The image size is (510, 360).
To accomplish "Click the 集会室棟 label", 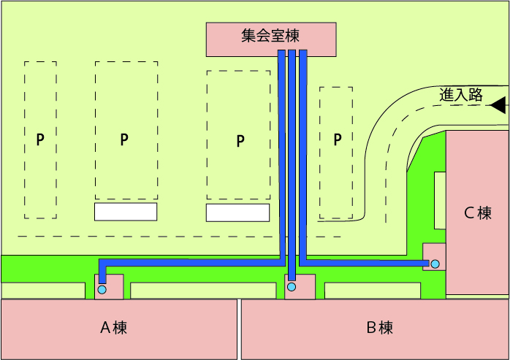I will [270, 35].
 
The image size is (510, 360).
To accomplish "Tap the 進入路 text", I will [461, 94].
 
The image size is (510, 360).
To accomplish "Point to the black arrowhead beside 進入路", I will [498, 105].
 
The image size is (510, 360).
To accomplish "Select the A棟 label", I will [113, 328].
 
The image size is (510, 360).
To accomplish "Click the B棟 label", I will [380, 328].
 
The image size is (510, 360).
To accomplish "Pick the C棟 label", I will [478, 213].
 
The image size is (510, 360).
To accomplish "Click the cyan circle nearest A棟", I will [102, 290].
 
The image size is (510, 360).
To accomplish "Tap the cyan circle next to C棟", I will [435, 264].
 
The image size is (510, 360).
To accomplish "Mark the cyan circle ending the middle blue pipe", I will [292, 287].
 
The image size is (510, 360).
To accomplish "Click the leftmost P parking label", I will [40, 139].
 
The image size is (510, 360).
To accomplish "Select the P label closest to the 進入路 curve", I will [337, 139].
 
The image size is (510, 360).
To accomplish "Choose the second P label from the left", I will [124, 139].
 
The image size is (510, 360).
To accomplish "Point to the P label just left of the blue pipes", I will [240, 141].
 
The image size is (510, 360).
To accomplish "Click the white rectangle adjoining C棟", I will [440, 200].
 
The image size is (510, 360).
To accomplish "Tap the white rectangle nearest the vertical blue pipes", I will [237, 212].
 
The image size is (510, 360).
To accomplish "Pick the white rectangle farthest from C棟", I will [126, 212].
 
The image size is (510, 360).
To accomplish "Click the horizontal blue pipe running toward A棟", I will [190, 261].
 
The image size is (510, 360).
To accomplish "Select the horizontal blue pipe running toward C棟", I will [365, 260].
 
